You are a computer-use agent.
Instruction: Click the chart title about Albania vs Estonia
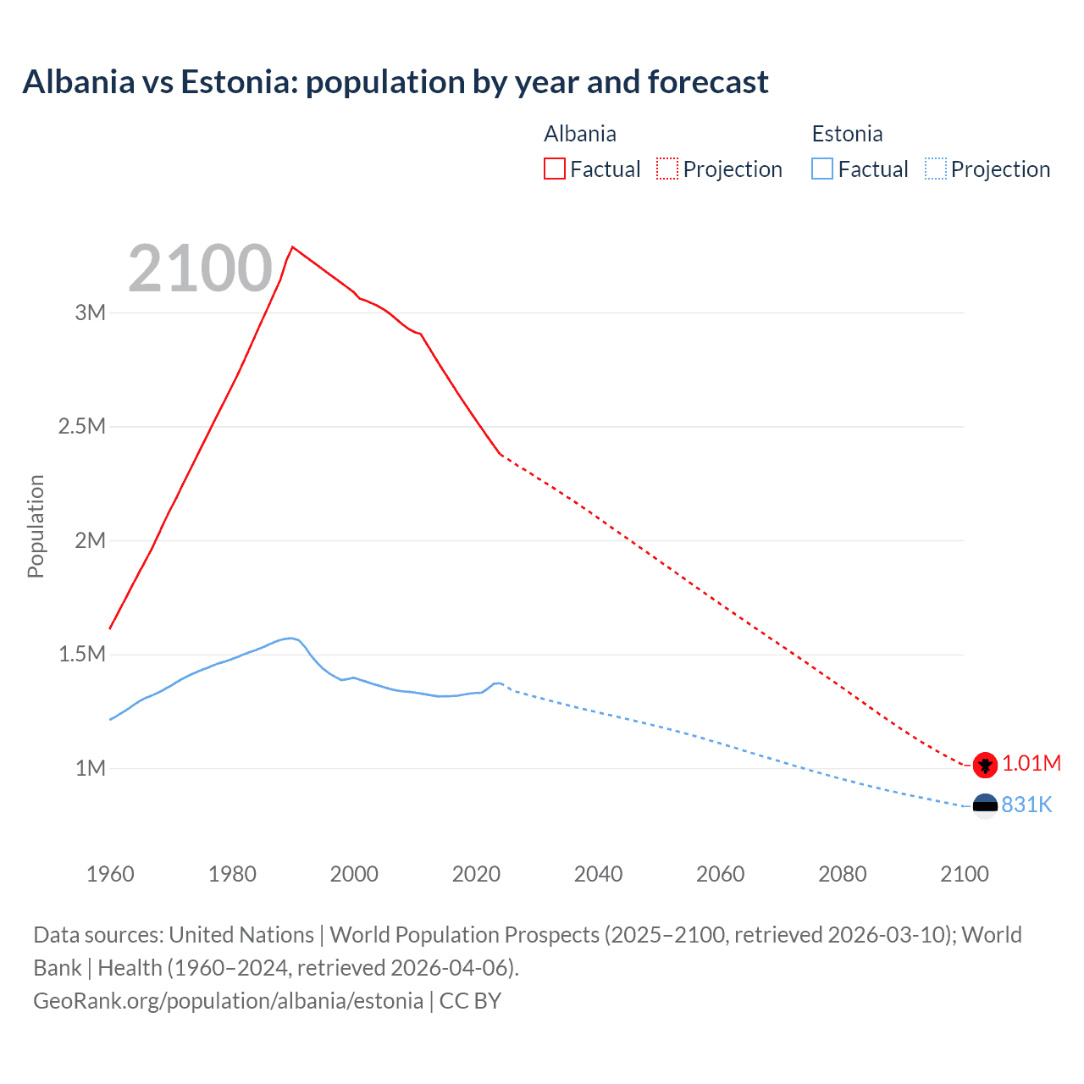[x=395, y=82]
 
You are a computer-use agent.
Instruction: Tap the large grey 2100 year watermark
[x=200, y=268]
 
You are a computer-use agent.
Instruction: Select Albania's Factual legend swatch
[x=554, y=169]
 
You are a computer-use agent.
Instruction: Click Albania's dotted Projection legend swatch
[x=667, y=169]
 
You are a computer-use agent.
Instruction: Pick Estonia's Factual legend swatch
[x=822, y=169]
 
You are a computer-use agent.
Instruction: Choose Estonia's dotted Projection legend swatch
[x=935, y=169]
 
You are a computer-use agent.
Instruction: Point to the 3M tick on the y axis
[x=91, y=312]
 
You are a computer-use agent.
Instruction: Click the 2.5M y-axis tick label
[x=82, y=426]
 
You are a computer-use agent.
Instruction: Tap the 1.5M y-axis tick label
[x=82, y=654]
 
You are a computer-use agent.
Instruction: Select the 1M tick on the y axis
[x=91, y=768]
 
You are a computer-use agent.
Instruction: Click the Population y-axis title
[x=36, y=526]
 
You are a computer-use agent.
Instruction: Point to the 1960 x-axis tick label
[x=110, y=874]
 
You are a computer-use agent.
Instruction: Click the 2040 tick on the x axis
[x=598, y=874]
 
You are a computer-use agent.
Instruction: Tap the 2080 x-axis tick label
[x=842, y=874]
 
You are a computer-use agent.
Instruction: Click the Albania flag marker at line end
[x=985, y=765]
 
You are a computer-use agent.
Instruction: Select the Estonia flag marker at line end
[x=985, y=806]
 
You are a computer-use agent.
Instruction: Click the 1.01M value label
[x=1031, y=764]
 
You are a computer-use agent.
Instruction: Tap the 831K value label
[x=1026, y=805]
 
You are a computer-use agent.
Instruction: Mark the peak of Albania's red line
[x=292, y=247]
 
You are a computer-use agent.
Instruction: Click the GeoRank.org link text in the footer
[x=228, y=1001]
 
